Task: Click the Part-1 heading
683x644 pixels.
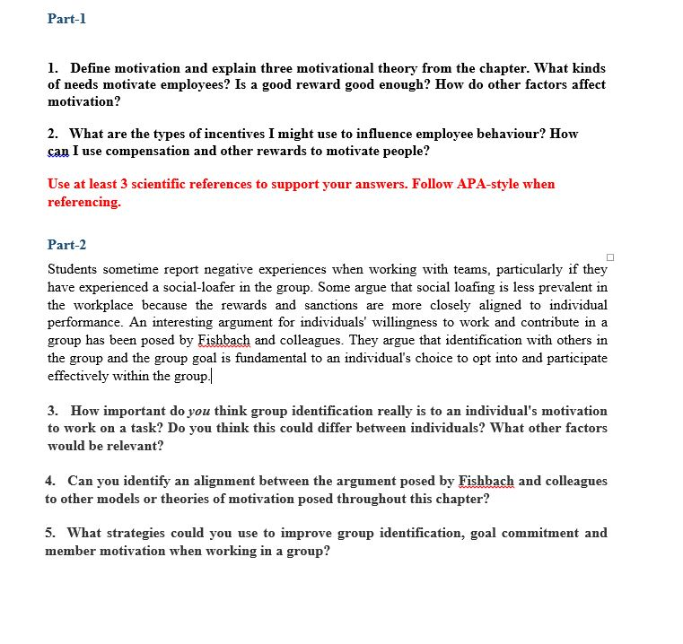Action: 66,19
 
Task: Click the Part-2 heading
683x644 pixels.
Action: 66,245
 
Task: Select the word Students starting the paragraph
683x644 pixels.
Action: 74,268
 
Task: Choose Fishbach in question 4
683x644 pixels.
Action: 486,481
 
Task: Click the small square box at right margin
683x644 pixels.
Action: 610,258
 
